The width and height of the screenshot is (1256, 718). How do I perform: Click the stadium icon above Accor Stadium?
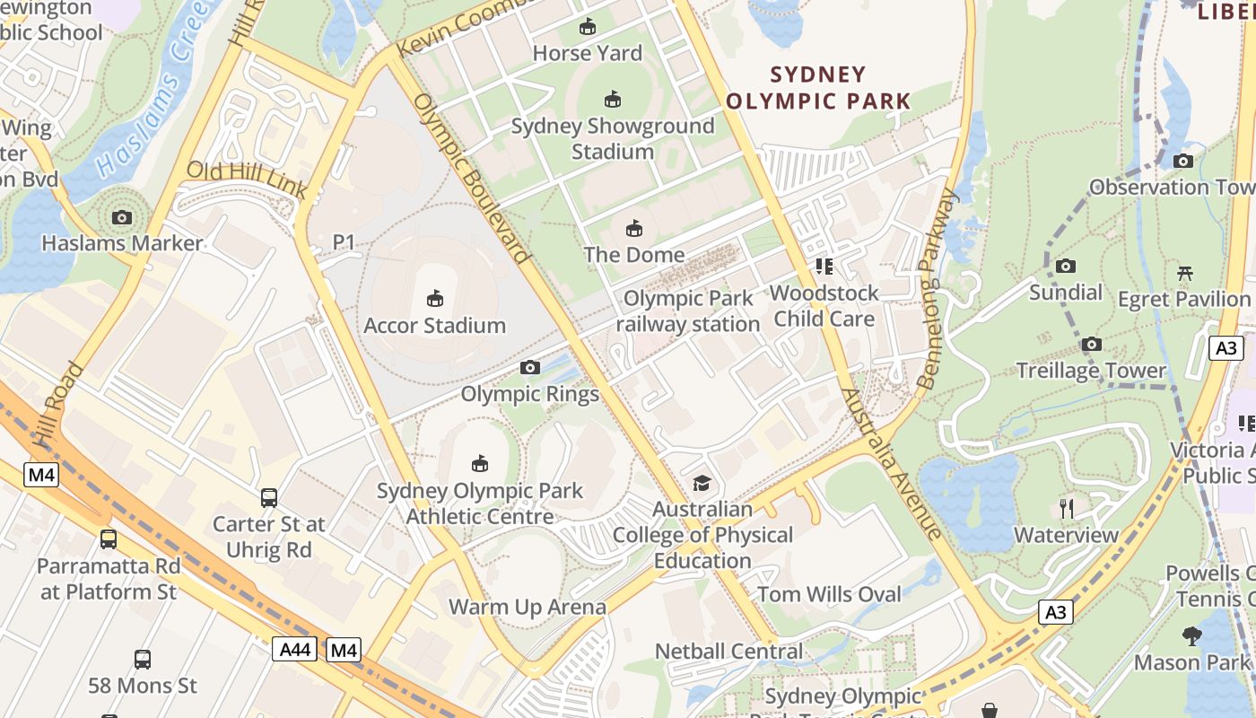point(435,298)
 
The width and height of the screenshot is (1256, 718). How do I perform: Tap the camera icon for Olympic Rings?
point(530,367)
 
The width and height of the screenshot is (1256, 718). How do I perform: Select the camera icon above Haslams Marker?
point(122,217)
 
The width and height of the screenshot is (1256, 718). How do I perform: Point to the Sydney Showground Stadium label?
point(613,138)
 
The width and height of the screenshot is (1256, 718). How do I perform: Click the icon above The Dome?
point(634,228)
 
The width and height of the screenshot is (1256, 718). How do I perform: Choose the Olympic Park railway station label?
point(688,311)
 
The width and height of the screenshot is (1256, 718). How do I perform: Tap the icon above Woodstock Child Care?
point(824,266)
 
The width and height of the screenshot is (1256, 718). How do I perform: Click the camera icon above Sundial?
point(1066,266)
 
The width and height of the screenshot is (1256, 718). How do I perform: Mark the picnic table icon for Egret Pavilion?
point(1184,273)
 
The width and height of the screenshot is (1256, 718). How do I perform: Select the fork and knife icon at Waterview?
point(1066,509)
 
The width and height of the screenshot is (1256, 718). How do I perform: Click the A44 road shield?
point(294,649)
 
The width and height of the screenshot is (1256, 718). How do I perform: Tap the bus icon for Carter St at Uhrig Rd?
point(268,497)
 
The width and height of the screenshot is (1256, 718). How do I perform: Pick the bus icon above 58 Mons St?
point(143,660)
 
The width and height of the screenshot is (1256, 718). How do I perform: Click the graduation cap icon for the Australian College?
point(702,483)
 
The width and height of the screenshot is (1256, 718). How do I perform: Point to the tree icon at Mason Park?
point(1191,636)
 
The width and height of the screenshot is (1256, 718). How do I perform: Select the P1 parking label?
point(344,242)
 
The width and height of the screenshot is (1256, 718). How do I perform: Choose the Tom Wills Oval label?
point(829,594)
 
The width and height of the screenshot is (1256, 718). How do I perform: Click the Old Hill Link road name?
point(247,179)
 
